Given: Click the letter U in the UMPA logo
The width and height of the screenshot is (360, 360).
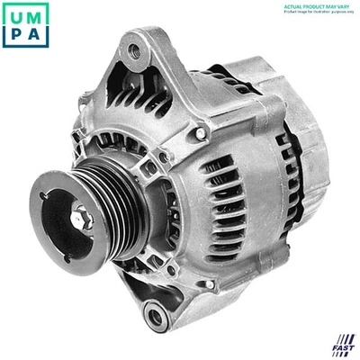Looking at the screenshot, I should point(13,14).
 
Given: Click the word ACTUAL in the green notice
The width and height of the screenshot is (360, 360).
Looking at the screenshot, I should point(293,5).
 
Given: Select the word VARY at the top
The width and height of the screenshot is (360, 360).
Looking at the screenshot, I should point(346,5).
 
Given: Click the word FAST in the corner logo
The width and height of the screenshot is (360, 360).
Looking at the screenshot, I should point(343,348).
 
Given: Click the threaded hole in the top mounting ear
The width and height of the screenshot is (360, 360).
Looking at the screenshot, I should point(135,51).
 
